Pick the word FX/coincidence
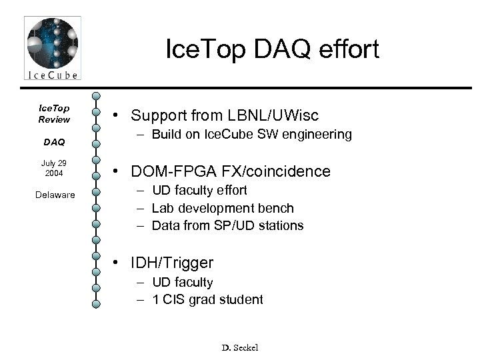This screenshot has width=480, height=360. click(273, 171)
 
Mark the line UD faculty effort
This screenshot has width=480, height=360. click(200, 191)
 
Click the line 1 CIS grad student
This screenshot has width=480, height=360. click(208, 299)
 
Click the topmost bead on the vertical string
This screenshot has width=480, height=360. click(97, 97)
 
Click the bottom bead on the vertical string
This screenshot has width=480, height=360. click(97, 304)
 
